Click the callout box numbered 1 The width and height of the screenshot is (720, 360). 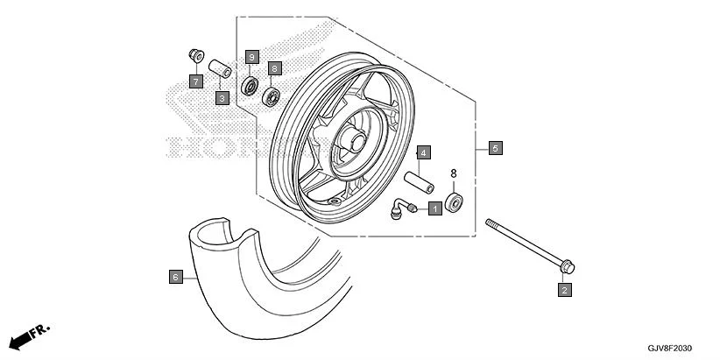[434, 208]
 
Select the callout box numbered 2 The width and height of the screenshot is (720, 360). [565, 289]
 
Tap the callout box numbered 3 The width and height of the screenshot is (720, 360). [222, 98]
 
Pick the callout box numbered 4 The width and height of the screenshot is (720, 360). [422, 152]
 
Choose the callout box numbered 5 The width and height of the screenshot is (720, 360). [495, 148]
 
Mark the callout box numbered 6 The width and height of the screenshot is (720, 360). [175, 277]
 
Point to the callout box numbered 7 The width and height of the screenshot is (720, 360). [196, 81]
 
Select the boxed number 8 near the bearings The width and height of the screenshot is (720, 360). [274, 67]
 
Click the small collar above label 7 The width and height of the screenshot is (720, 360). [194, 57]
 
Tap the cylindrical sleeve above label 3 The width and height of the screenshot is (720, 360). [219, 69]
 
